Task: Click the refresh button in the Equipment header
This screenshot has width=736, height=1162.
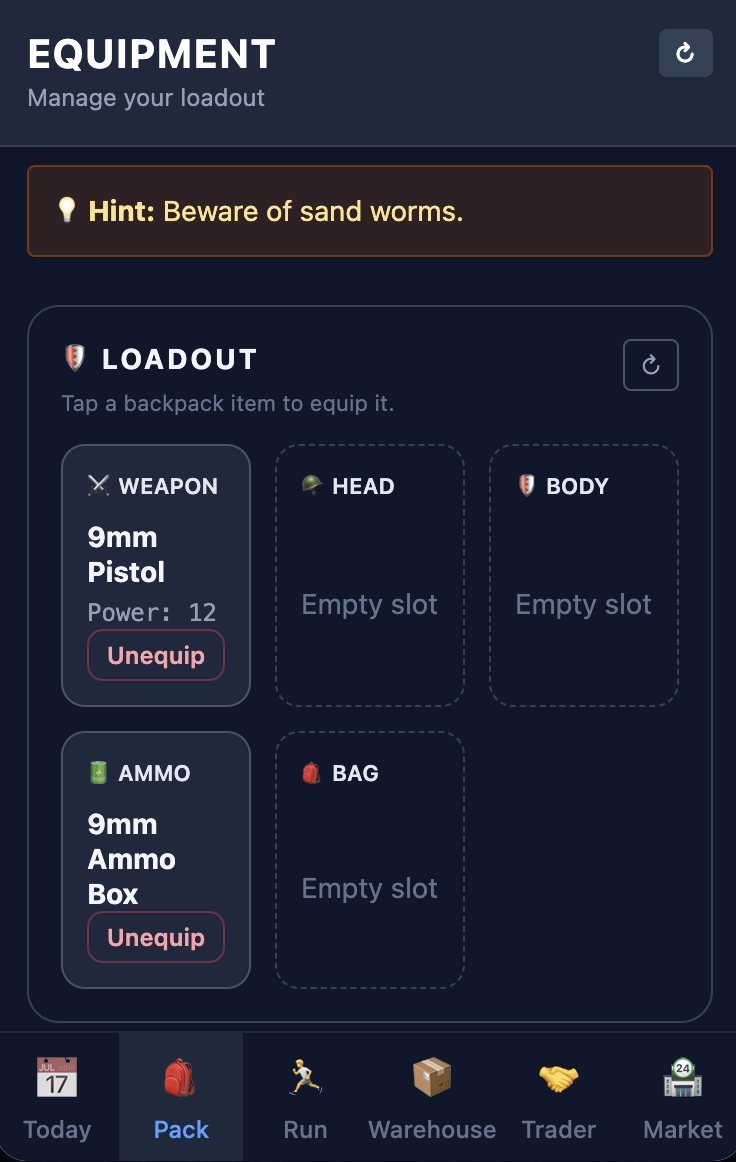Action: (x=685, y=53)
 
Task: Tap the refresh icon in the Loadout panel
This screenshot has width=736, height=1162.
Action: (x=650, y=365)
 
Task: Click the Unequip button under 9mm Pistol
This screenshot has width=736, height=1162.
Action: (x=156, y=656)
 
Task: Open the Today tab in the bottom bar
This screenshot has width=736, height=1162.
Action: (x=57, y=1097)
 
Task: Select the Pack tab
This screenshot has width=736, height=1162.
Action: (x=181, y=1097)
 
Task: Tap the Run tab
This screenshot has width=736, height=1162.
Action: (x=305, y=1097)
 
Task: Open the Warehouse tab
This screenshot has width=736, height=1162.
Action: (x=432, y=1097)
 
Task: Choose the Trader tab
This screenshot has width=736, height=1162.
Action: (x=559, y=1097)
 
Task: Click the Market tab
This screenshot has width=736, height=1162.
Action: (x=683, y=1097)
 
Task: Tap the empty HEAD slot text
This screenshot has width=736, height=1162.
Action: (x=370, y=604)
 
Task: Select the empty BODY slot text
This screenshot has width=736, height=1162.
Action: (x=583, y=604)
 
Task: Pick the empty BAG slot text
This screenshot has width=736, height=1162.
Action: (x=370, y=888)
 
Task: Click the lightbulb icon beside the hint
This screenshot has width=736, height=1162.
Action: (x=67, y=211)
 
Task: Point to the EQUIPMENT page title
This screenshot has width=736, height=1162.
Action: (x=152, y=55)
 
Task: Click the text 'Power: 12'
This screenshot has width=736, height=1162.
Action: (x=152, y=612)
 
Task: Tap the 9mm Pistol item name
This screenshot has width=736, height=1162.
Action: (x=126, y=555)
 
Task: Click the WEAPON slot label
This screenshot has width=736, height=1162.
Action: (x=167, y=486)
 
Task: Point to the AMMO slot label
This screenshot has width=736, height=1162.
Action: (x=154, y=773)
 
